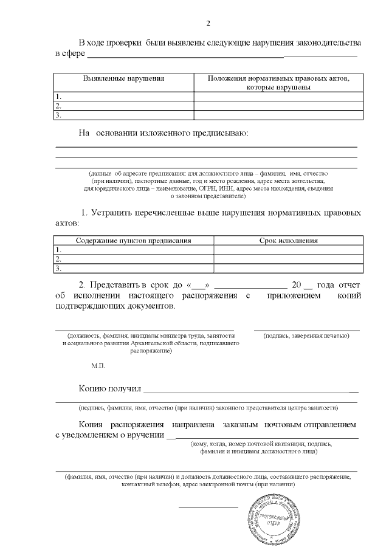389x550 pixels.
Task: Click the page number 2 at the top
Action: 207,24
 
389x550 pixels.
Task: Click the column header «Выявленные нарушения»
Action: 123,79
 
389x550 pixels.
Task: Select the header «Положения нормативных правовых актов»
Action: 278,79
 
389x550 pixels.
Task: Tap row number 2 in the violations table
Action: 58,105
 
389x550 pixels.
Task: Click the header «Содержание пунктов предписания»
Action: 134,241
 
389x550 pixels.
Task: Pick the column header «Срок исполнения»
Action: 289,241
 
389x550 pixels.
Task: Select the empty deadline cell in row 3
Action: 289,267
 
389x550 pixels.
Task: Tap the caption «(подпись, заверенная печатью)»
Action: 306,336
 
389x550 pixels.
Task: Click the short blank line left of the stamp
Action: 208,507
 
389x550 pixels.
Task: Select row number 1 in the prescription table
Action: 58,250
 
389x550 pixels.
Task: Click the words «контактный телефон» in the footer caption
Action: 148,485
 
